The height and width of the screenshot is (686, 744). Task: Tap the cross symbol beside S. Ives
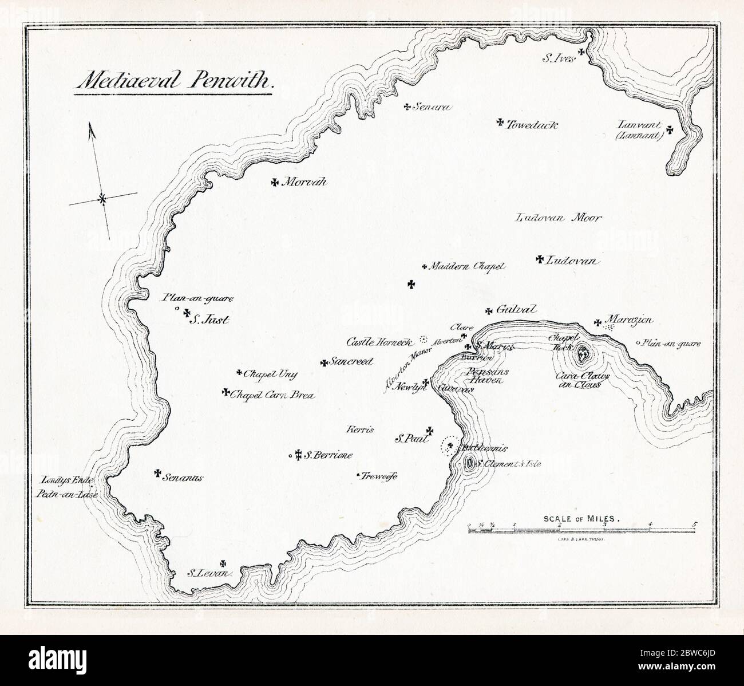click(x=581, y=52)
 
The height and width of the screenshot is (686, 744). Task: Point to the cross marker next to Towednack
click(x=499, y=122)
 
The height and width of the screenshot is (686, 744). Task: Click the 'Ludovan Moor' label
click(x=558, y=218)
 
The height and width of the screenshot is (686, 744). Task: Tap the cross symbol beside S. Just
click(x=187, y=313)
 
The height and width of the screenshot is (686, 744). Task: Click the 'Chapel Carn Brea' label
click(x=272, y=395)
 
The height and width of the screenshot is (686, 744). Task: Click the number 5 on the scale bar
click(x=695, y=524)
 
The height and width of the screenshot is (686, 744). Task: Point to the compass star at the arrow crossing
click(x=102, y=199)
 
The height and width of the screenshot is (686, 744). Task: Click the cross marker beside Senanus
click(x=157, y=472)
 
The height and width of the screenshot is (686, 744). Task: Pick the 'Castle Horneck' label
click(x=379, y=342)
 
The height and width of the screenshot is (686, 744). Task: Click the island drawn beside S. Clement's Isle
click(x=470, y=463)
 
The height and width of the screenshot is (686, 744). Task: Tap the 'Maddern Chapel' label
click(x=467, y=266)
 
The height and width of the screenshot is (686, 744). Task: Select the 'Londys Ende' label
click(x=66, y=480)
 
